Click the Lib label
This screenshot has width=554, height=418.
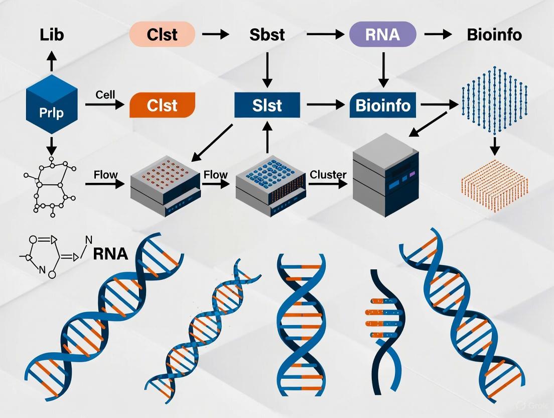tap(52, 35)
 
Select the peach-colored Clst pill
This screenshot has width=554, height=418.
tap(162, 35)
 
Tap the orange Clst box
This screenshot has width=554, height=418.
tap(162, 105)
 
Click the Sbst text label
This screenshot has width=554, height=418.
tap(267, 35)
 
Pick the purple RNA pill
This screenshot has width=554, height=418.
tap(382, 35)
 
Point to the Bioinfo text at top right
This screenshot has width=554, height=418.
tap(494, 35)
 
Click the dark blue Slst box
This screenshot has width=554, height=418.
tap(267, 105)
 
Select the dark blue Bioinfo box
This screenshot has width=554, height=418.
tap(383, 105)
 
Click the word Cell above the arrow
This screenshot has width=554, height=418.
tap(105, 94)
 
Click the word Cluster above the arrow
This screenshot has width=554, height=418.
tap(328, 174)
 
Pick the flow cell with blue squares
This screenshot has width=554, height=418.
tap(269, 186)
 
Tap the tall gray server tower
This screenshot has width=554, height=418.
tap(385, 176)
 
